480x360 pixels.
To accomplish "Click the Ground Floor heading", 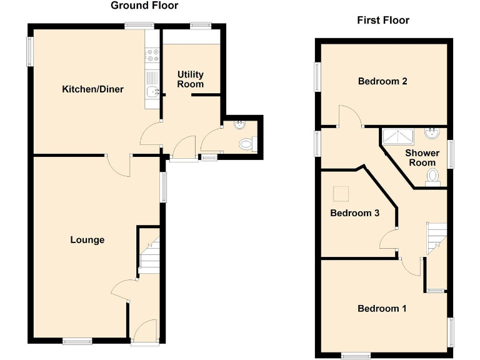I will [144, 6].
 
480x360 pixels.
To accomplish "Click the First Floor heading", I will [383, 21].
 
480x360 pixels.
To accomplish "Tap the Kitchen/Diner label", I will [92, 89].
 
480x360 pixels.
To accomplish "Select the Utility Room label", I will [191, 79].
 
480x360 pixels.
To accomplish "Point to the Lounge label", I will [87, 240].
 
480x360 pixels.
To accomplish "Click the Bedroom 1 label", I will [382, 308].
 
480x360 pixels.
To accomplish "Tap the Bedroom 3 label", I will [354, 213].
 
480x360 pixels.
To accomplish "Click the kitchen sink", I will [151, 92].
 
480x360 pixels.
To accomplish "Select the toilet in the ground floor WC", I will [247, 144].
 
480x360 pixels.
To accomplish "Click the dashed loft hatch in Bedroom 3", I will [341, 194].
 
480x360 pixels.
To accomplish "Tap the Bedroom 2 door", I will [347, 117].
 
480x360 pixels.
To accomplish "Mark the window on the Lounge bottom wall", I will [77, 341].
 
